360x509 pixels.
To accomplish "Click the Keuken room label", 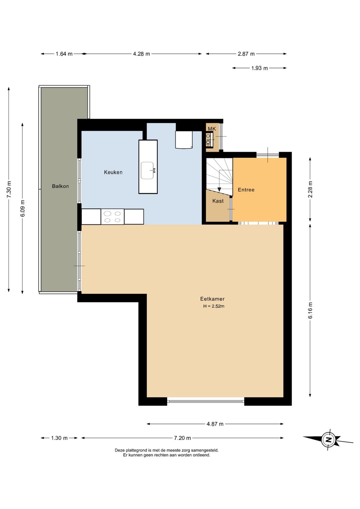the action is point(113,172).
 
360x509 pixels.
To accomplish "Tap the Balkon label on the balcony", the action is point(60,186).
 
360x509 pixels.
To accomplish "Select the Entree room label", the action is point(246,189).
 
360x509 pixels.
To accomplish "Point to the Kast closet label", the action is point(218,201).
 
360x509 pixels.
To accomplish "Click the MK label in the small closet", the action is point(212,129).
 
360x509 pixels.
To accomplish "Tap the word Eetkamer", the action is point(212,299).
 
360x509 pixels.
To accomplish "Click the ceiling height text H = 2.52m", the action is point(214,306).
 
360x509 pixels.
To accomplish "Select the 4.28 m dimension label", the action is point(141,54).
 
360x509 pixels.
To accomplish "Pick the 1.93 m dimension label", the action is point(259,68).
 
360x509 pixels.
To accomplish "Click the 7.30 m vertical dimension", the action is point(9,189).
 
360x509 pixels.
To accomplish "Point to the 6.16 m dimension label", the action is point(310,310).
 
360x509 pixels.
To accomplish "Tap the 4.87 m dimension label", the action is point(215,424).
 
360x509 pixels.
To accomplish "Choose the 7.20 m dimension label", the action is point(182,438).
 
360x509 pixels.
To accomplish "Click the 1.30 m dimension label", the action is point(59,438).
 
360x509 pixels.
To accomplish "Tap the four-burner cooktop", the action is point(112,216).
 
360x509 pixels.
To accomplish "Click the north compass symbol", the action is point(328,439).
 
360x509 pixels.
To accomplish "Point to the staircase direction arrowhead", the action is point(219,189).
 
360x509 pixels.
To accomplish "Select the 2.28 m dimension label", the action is point(310,189).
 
